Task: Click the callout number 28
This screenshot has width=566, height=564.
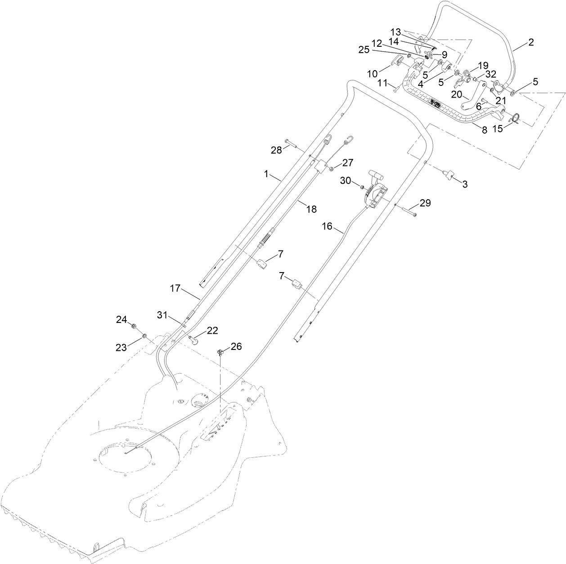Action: point(276,150)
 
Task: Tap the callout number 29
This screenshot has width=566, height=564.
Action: point(425,203)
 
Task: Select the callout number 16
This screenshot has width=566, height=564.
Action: point(327,226)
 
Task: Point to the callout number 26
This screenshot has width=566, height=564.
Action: point(236,346)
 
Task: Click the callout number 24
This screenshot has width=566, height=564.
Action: point(121,320)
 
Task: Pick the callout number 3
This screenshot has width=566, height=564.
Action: point(465,184)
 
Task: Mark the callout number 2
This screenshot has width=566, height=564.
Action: point(531,42)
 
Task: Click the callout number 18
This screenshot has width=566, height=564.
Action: point(311,209)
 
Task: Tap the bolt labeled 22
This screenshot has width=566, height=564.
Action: point(194,340)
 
